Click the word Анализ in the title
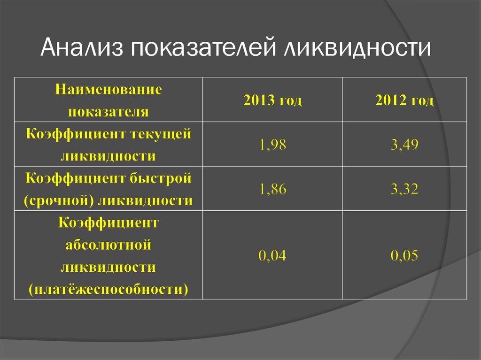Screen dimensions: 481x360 coord(82,47)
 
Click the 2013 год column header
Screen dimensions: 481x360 coord(272,100)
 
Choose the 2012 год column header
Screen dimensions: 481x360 coord(404,100)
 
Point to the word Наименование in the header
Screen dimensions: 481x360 coord(109,89)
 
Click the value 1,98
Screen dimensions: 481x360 coord(272,145)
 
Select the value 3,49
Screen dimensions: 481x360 coord(404,145)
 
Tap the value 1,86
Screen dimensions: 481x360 coord(272,189)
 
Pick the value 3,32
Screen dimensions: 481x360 coord(404,189)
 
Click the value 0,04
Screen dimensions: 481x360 coord(272,255)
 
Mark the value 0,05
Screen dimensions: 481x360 coord(404,255)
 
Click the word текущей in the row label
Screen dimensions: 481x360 coord(161,134)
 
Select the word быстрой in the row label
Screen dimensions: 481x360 coord(160,178)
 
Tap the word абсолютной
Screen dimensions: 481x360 coord(109,245)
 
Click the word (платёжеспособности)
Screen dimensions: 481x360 coord(109,290)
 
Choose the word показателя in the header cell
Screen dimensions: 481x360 coord(109,112)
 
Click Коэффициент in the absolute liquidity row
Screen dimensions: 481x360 coord(109,222)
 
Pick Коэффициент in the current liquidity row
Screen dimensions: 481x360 coord(76,134)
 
